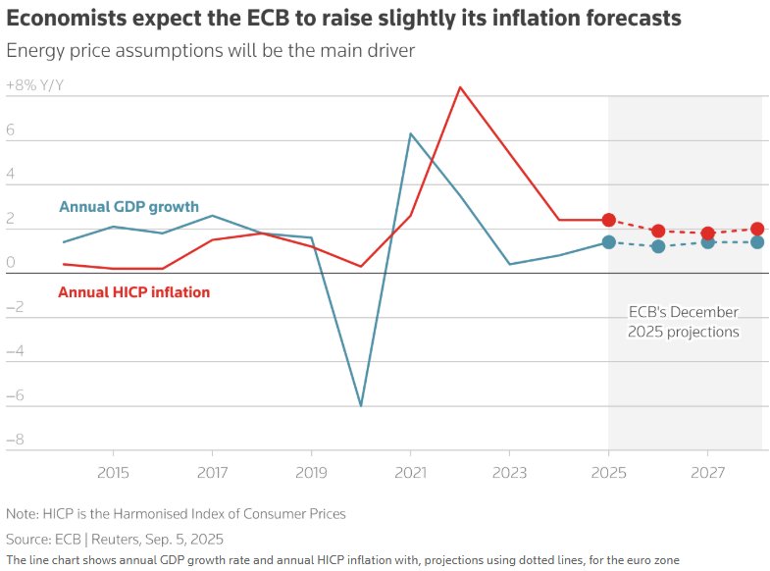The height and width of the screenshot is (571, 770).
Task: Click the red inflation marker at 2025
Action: [x=608, y=220]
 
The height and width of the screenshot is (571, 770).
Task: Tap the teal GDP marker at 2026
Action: [x=658, y=246]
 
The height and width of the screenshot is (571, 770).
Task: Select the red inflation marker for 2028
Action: [x=757, y=229]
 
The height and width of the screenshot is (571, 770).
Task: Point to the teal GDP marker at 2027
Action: [x=707, y=241]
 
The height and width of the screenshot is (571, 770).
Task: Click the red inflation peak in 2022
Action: [x=460, y=86]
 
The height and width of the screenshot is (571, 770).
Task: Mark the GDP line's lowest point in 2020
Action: [x=361, y=405]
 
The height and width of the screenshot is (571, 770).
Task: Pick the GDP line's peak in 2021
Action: [x=410, y=133]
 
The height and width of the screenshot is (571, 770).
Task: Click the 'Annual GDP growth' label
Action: [x=128, y=207]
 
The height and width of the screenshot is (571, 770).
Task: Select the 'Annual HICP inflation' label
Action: [x=133, y=292]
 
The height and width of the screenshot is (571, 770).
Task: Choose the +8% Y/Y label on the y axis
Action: [x=35, y=85]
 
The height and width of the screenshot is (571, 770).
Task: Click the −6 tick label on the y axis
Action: [x=15, y=396]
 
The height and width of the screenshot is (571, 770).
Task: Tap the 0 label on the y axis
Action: [x=10, y=262]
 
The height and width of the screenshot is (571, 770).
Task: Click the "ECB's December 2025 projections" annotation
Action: [x=684, y=322]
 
